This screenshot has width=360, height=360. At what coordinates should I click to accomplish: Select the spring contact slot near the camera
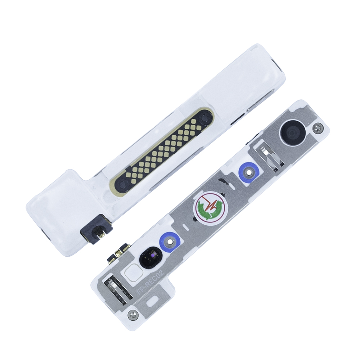coord(270,156)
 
